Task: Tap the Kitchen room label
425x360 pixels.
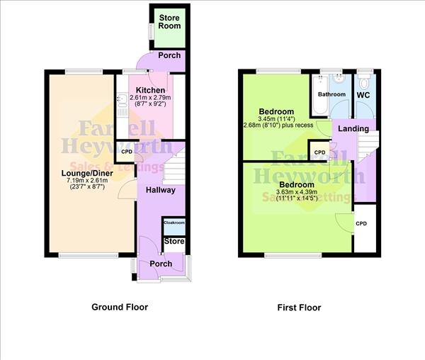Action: [x=151, y=90]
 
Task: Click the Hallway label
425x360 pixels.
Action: [x=161, y=190]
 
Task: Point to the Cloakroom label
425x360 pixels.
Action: [x=174, y=223]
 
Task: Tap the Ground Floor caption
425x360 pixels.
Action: [x=120, y=308]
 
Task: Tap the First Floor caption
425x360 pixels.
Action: [x=299, y=308]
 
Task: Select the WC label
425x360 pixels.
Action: [x=364, y=94]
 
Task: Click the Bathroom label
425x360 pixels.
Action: [x=331, y=94]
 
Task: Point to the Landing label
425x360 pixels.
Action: [x=353, y=128]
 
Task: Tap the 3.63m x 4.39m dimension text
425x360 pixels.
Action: [x=276, y=193]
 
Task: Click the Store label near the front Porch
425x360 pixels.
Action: [x=174, y=242]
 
